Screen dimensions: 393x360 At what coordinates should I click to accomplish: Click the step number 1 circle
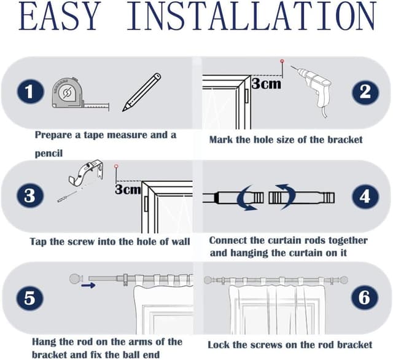(x=30, y=92)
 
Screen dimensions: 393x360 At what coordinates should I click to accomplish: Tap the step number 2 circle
(x=365, y=92)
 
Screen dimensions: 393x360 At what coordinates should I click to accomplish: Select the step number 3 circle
(x=30, y=195)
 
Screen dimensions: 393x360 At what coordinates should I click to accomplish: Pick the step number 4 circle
(x=365, y=197)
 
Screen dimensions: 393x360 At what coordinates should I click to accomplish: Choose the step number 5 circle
(x=29, y=299)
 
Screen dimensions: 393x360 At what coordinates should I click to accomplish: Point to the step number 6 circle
(x=364, y=297)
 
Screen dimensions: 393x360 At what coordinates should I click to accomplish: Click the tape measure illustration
(x=80, y=94)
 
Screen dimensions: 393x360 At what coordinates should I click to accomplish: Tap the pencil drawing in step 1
(x=141, y=92)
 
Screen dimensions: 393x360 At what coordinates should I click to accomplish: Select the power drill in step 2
(x=313, y=90)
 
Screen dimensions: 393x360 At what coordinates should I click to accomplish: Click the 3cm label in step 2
(x=266, y=84)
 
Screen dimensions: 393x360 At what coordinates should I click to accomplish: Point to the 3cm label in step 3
(x=128, y=189)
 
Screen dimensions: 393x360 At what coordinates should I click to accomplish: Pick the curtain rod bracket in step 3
(x=86, y=173)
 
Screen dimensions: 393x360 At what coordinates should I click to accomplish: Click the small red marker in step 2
(x=282, y=61)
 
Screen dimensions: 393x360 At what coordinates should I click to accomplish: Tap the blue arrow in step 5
(x=88, y=285)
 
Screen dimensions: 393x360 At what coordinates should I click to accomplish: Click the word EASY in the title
(x=59, y=16)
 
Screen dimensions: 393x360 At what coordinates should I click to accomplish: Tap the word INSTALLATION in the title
(x=251, y=16)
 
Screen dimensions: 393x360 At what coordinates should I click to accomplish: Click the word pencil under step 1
(x=49, y=153)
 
